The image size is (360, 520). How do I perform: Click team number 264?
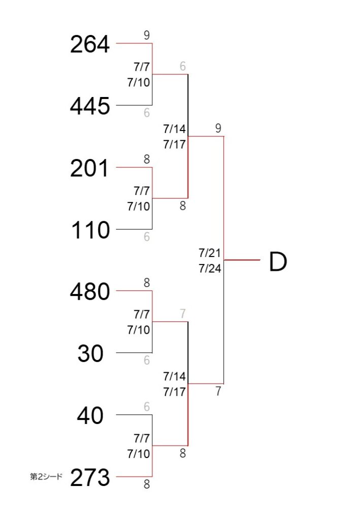point(90,44)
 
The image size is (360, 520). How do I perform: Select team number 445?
point(90,106)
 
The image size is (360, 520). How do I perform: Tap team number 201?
point(89,168)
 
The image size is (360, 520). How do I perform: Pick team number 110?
point(90,230)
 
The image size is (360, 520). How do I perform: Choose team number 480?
point(90,292)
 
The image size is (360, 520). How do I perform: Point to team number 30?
point(90,353)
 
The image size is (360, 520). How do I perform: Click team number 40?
point(90,415)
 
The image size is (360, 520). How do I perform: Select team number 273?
point(90,477)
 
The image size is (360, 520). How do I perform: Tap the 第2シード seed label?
point(46,477)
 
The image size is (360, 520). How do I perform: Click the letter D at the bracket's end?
point(278,262)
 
